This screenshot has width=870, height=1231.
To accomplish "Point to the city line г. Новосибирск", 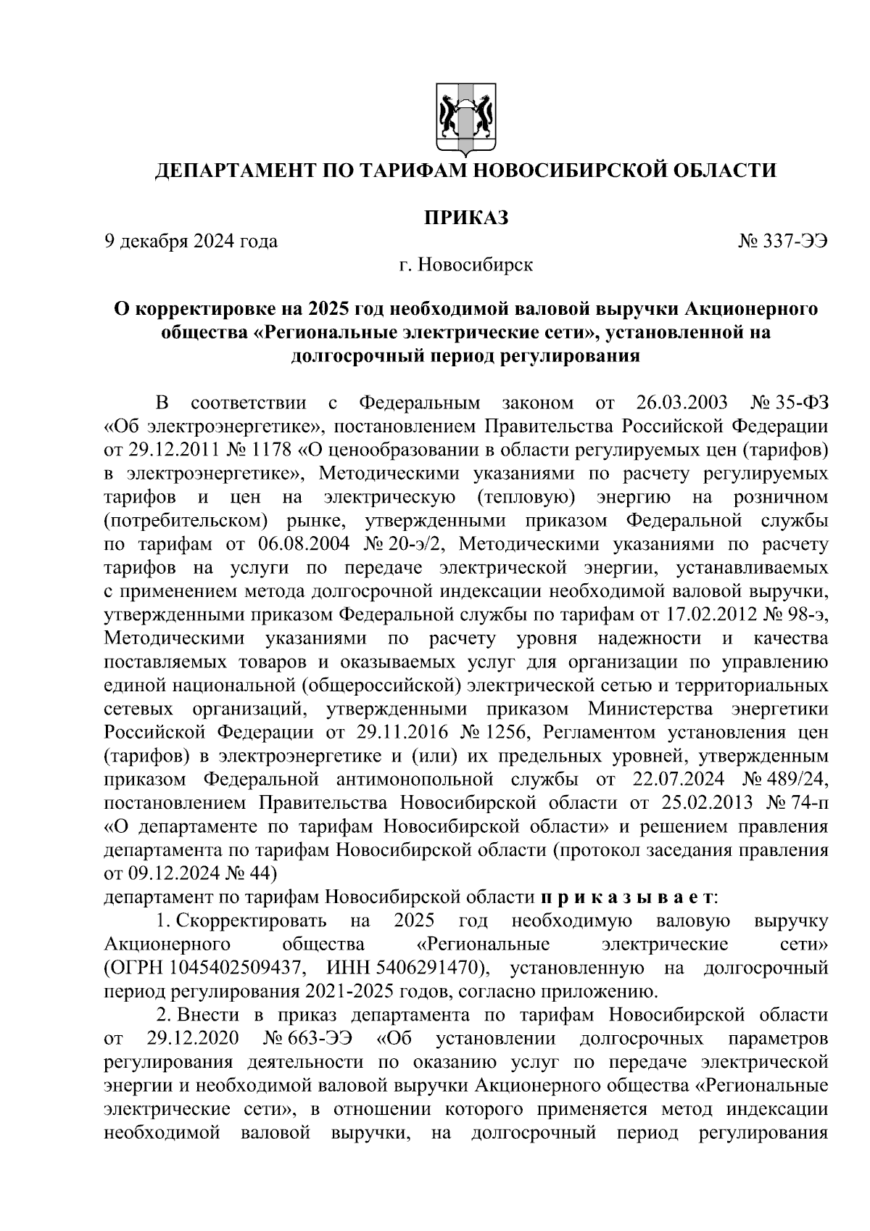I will coord(465,265).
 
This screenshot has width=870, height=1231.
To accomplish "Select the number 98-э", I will coord(805,615).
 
